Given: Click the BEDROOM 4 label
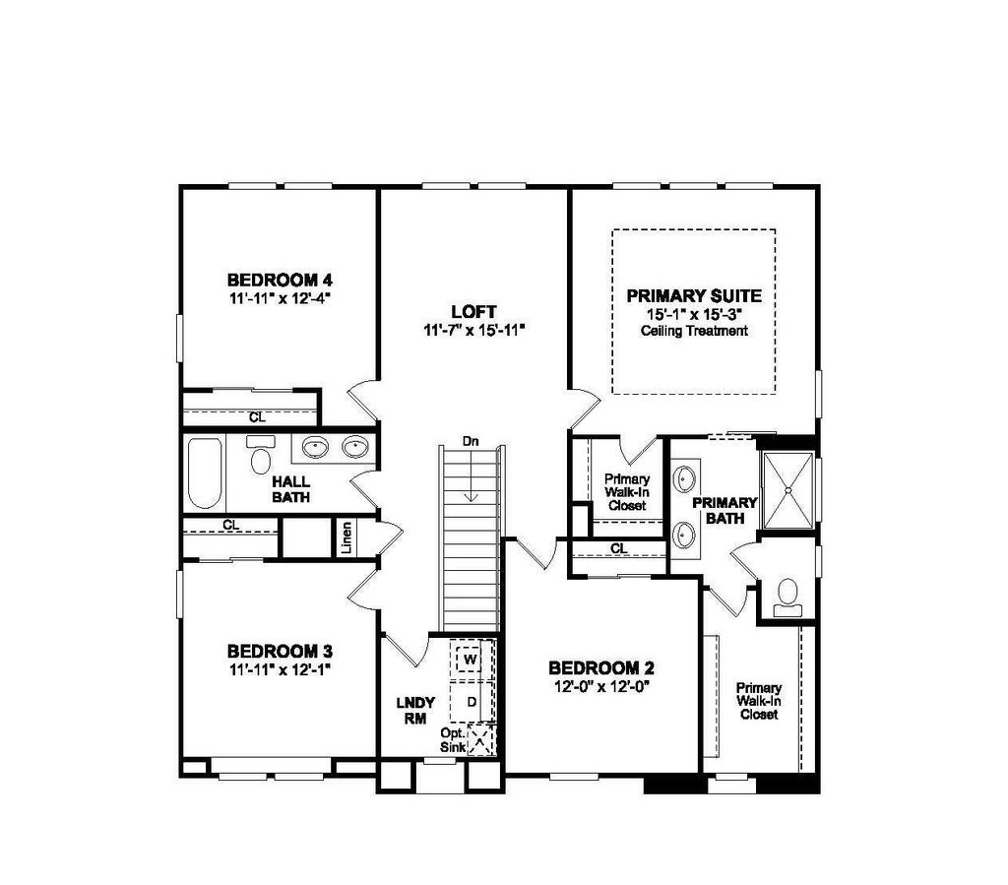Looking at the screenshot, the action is click(x=280, y=281).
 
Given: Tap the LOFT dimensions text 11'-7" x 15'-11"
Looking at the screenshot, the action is click(x=474, y=331).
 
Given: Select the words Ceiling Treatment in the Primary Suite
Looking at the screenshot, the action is click(x=694, y=331).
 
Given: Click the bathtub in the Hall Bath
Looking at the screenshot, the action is click(x=205, y=474).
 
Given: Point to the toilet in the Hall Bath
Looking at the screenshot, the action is click(x=260, y=455).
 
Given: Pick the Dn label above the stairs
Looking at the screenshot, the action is click(x=471, y=442).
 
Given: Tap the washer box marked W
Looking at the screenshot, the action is click(x=469, y=660).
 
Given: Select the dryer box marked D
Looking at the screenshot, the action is click(x=472, y=702).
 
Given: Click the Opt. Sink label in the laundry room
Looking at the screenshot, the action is click(x=453, y=739).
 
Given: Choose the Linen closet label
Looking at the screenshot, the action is click(x=346, y=537).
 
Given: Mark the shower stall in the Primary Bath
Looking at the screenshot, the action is click(x=787, y=490).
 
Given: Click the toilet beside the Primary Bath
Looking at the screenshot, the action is click(x=787, y=598).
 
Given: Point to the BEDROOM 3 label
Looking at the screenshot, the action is click(x=280, y=651).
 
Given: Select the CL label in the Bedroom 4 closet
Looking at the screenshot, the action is click(x=257, y=417).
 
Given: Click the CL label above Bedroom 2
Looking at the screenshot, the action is click(x=619, y=549).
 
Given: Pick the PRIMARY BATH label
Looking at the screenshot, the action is click(x=724, y=510).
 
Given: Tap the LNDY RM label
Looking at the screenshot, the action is click(x=415, y=711).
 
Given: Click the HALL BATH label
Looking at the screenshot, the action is click(x=290, y=489).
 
